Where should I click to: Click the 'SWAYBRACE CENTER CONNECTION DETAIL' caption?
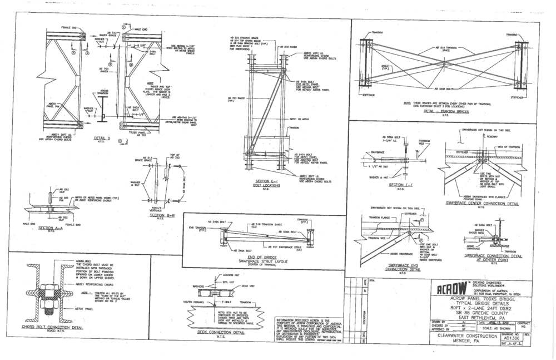tap(481, 203)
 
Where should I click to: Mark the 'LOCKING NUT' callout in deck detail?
tap(228, 275)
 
